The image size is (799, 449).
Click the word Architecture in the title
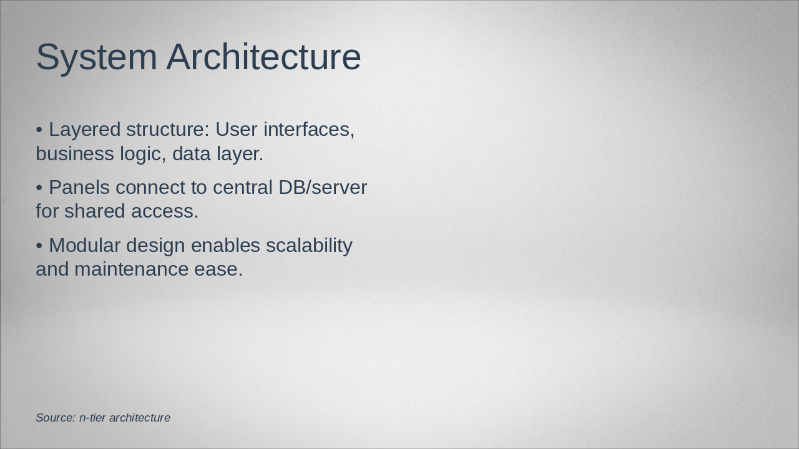click(263, 57)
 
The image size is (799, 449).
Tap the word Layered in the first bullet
click(84, 130)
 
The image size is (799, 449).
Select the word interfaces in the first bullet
click(309, 129)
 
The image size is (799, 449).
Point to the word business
click(75, 154)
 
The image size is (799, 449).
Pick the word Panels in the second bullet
click(79, 188)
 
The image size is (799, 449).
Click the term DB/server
click(323, 188)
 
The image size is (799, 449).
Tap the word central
click(243, 188)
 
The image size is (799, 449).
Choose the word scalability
click(309, 246)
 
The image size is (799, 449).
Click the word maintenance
click(131, 269)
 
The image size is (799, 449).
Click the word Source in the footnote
click(56, 418)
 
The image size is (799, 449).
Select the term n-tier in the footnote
click(93, 418)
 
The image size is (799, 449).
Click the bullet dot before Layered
click(39, 130)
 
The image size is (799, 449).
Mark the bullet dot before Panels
click(39, 188)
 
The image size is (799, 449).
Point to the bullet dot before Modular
click(39, 246)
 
